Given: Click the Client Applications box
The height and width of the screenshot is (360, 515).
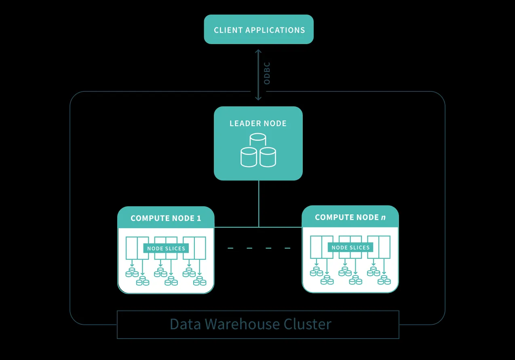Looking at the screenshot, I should coord(259,30).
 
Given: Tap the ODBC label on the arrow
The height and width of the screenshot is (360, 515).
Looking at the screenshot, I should coord(267,73).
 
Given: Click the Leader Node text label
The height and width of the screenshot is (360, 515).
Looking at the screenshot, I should coord(258,123).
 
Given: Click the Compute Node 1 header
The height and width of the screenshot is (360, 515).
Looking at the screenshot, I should coord(166,218).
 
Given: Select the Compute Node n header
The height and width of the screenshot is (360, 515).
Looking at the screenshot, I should coord(350,217).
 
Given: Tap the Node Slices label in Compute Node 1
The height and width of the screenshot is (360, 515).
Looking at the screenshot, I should coord(166,248).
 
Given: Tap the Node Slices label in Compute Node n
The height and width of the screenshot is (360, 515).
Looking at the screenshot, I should coord(350,248).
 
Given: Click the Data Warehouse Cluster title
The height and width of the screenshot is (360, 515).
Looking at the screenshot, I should coord(250,324).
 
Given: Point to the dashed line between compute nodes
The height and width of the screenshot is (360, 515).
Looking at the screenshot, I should coord(258,248).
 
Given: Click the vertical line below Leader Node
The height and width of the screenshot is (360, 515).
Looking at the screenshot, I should coord(258,202).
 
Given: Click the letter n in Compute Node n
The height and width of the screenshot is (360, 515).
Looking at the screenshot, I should coord(383,218).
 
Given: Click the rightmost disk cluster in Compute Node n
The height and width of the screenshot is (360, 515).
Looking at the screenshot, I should coord(384,280).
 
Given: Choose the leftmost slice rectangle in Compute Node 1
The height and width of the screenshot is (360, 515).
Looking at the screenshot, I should coord(131,248).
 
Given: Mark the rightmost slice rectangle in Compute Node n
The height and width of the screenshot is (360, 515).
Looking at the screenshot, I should coord(384,247).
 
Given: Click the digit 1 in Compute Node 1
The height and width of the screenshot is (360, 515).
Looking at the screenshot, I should coord(198,218).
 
